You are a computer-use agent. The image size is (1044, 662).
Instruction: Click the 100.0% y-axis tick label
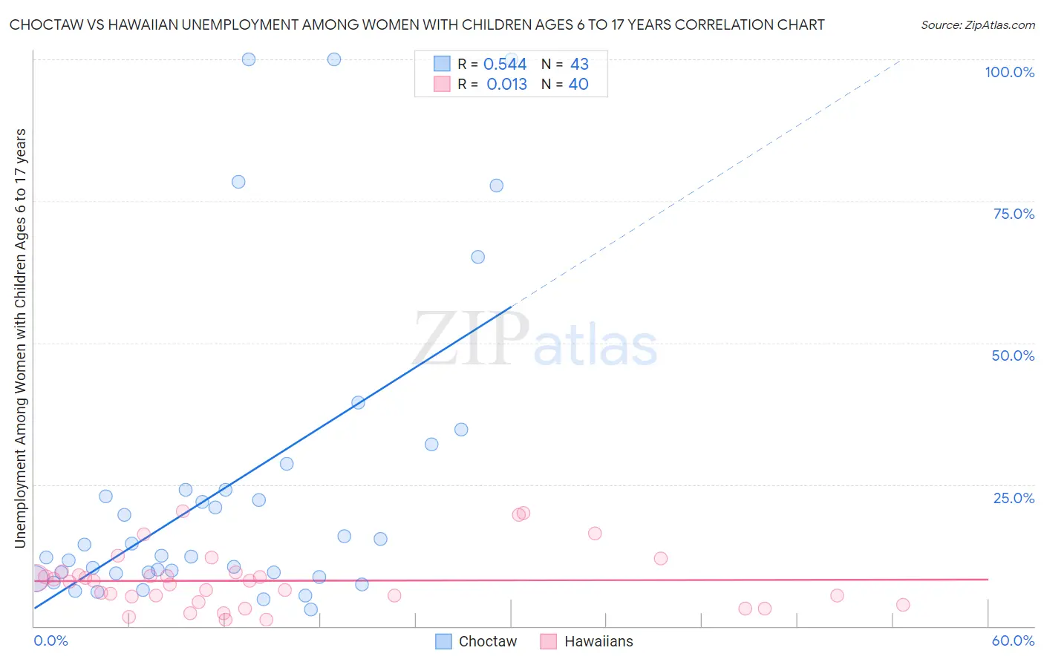tap(1009, 72)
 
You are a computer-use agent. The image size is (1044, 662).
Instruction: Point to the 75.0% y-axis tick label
tap(1014, 214)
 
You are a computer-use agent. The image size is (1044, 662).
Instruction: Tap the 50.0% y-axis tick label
tap(1013, 355)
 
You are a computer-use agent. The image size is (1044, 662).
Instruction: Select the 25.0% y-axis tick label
tap(1014, 498)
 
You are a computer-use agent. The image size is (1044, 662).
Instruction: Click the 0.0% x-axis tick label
tap(50, 640)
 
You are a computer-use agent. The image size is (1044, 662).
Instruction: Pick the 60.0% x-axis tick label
tap(1013, 640)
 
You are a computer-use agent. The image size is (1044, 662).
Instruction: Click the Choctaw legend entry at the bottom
tap(475, 641)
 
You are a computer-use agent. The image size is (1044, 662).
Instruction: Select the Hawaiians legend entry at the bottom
tap(587, 641)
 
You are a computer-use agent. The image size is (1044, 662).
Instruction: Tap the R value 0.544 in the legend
tap(505, 65)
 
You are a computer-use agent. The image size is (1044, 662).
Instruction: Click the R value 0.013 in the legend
tap(506, 85)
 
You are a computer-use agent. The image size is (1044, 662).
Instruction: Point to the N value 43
tap(579, 65)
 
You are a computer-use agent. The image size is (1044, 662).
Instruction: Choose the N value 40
tap(578, 85)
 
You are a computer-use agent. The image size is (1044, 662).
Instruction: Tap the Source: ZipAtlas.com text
tap(977, 25)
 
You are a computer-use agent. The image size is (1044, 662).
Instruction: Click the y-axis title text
tap(20, 338)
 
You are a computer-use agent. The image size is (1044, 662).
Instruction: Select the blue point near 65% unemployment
tap(478, 257)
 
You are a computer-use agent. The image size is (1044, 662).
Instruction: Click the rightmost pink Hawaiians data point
tap(903, 605)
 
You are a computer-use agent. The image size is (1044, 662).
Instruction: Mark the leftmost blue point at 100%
tap(249, 59)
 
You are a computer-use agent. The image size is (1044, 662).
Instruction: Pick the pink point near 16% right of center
tap(595, 534)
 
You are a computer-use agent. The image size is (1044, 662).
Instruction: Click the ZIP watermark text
tap(471, 338)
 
